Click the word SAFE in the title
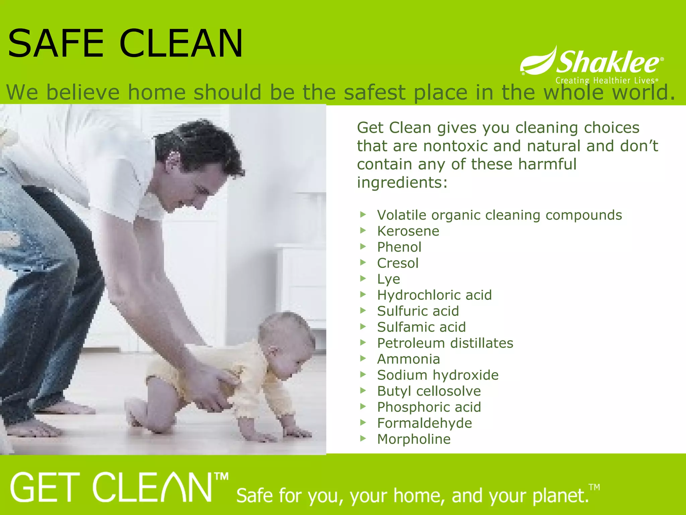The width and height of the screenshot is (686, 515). click(x=56, y=44)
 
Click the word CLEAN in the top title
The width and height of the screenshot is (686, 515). click(x=181, y=44)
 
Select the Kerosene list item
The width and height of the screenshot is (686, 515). click(x=408, y=231)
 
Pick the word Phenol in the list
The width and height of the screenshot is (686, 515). click(x=399, y=247)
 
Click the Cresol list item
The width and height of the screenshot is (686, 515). click(x=398, y=263)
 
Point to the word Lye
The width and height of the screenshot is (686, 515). click(x=389, y=279)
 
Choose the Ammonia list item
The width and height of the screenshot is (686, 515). click(x=408, y=359)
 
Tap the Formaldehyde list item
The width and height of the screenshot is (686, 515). click(x=424, y=423)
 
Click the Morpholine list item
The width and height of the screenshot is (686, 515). click(x=414, y=439)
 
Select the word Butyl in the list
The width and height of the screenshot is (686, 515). click(x=394, y=391)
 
